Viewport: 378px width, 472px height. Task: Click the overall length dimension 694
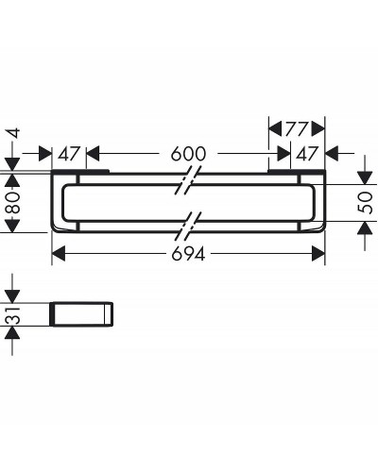coord(189,254)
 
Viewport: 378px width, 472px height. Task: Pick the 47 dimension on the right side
coord(305,152)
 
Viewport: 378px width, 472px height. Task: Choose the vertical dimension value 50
coord(368,202)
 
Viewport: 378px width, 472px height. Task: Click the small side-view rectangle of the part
coord(83,314)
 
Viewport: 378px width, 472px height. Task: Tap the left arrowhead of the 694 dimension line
coord(55,254)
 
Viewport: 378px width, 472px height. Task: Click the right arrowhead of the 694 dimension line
coord(322,254)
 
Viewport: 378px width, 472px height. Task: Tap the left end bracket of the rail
coord(60,202)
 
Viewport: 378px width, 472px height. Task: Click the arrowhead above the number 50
coord(368,177)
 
